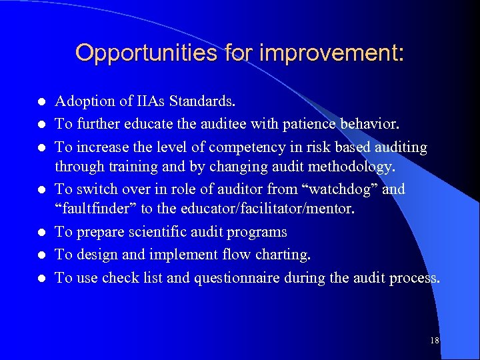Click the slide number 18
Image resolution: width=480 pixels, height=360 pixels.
[x=434, y=341]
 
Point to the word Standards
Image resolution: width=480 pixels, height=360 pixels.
[x=202, y=101]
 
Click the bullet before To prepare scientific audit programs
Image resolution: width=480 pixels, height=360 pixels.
[x=41, y=233]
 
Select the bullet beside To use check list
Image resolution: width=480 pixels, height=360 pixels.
[x=41, y=277]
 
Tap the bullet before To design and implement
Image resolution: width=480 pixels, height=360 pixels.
[x=41, y=255]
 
